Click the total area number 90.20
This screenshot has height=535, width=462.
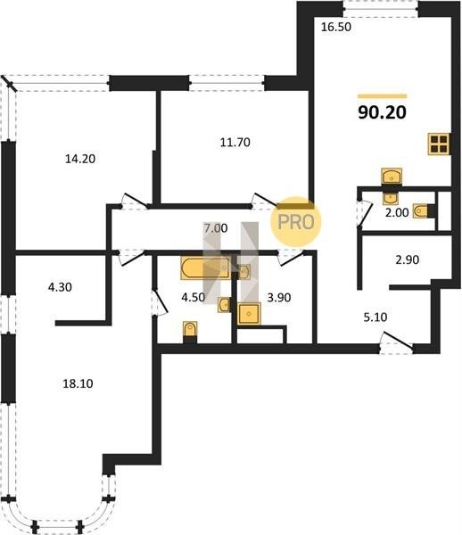(382, 112)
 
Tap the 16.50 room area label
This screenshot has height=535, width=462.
(336, 27)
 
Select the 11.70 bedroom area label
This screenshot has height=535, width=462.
(235, 143)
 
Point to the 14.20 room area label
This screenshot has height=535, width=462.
(80, 159)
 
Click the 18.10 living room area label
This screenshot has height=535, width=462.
(78, 383)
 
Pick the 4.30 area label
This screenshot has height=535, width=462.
(60, 287)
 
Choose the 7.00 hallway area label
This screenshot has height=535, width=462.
(216, 228)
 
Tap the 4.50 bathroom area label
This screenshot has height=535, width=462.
(194, 298)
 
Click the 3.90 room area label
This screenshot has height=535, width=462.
(279, 298)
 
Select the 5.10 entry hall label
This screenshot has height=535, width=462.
(375, 317)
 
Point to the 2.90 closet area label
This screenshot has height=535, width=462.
(408, 260)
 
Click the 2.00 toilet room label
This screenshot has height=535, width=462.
(397, 212)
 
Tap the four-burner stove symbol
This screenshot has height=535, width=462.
(439, 144)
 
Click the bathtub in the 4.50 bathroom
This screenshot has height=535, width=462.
(206, 268)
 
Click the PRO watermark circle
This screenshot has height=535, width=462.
(296, 222)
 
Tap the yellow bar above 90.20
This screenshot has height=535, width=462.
(382, 96)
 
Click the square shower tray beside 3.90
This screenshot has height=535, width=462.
(249, 313)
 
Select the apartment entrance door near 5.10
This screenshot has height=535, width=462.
(397, 342)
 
